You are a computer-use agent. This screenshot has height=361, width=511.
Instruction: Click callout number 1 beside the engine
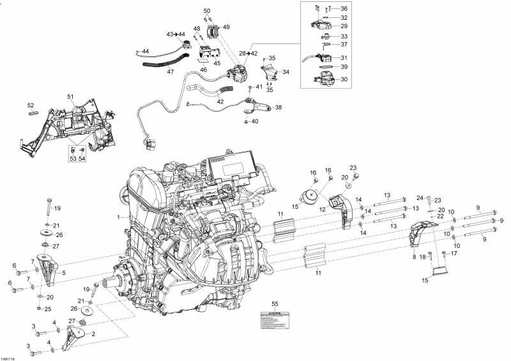[x=118, y=217]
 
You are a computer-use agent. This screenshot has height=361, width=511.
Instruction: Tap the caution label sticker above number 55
[x=275, y=319]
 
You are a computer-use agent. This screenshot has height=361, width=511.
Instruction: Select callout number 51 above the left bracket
[x=71, y=96]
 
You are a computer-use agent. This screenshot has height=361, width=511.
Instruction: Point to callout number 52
[x=30, y=105]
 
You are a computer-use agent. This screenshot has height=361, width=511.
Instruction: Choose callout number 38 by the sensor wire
[x=278, y=107]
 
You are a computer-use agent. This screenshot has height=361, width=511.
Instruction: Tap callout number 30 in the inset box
[x=344, y=79]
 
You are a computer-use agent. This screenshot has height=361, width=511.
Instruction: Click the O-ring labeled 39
[x=324, y=66]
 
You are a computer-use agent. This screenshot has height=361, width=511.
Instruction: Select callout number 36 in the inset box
[x=344, y=8]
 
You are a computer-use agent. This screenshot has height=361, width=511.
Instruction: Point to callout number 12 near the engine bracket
[x=323, y=209]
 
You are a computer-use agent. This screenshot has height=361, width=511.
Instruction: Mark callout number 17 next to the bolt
[x=454, y=254]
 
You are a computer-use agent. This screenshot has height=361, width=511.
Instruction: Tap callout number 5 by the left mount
[x=63, y=272]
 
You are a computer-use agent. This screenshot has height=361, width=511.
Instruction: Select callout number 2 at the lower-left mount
[x=94, y=334]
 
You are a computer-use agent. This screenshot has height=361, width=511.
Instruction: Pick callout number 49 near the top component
[x=226, y=27]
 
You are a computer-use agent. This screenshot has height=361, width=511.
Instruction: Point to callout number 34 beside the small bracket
[x=286, y=72]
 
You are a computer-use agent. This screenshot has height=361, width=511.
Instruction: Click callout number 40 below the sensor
[x=256, y=121]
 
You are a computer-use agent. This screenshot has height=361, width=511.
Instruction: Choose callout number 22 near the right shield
[x=440, y=217]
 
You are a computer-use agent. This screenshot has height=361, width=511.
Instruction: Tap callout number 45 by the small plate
[x=217, y=63]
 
